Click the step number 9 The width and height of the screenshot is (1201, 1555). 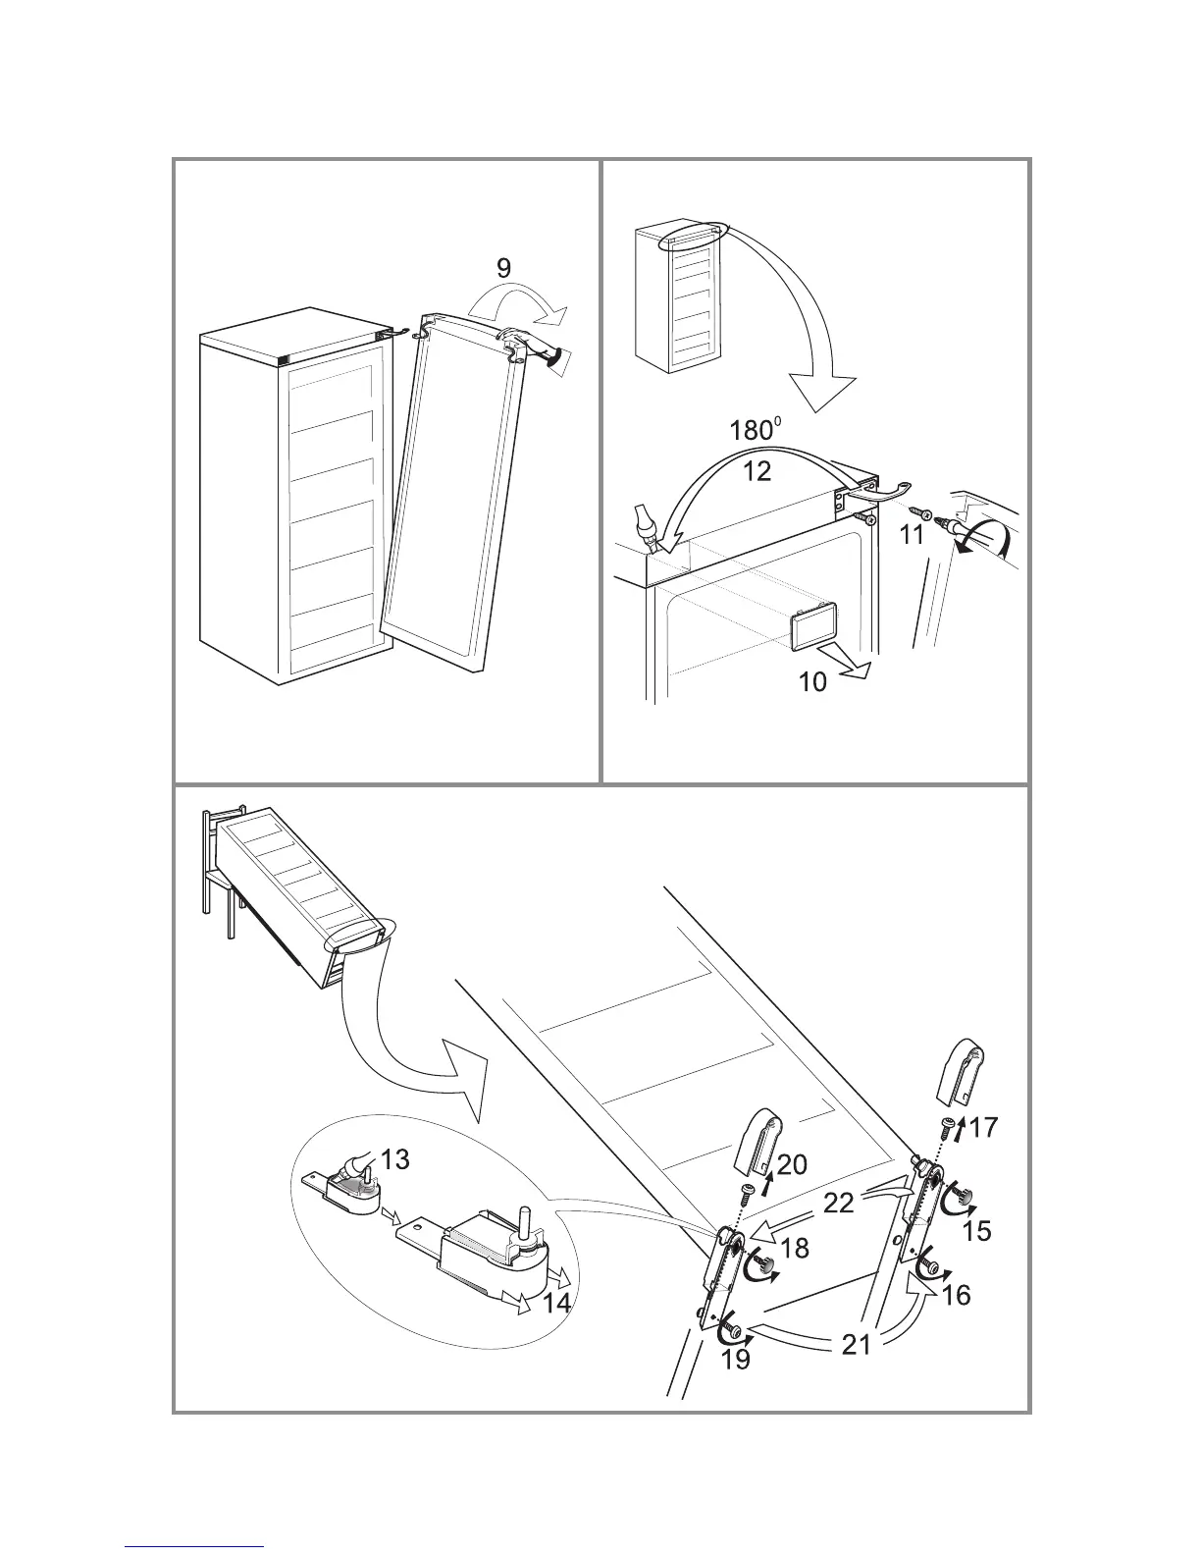[504, 268]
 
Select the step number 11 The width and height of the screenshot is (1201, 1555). [913, 535]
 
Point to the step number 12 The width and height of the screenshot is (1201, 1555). [757, 470]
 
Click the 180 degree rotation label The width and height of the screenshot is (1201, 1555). [755, 431]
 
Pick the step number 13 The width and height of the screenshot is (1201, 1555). [394, 1159]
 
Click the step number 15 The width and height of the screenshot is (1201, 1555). [977, 1229]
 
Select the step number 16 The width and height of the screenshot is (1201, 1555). [956, 1295]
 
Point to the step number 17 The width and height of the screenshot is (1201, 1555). [984, 1128]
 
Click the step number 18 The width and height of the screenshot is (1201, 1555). [795, 1248]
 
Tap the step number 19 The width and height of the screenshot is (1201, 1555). [735, 1359]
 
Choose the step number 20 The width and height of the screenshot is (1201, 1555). [793, 1164]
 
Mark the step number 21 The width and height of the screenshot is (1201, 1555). [856, 1344]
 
